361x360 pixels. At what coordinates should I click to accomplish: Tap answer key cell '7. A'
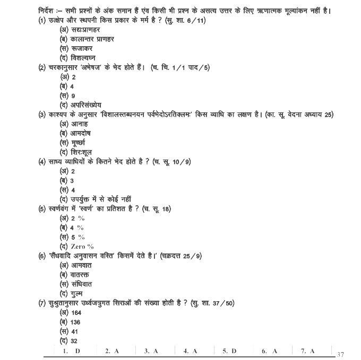click(308, 351)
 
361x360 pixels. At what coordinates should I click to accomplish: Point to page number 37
click(340, 354)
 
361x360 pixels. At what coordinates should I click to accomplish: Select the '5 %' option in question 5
click(78, 237)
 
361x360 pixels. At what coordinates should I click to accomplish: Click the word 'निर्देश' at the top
click(42, 11)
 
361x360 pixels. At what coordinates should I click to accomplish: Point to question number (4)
click(42, 162)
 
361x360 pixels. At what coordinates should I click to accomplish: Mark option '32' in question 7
click(74, 341)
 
